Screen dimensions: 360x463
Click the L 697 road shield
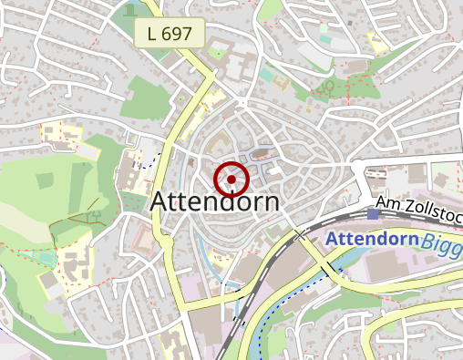click(169, 35)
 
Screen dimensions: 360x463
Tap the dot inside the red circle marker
click(231, 180)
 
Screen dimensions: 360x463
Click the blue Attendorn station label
click(371, 240)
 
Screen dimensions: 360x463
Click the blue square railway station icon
click(374, 214)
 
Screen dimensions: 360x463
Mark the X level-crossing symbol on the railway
click(299, 235)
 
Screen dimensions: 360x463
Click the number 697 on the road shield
click(179, 35)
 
